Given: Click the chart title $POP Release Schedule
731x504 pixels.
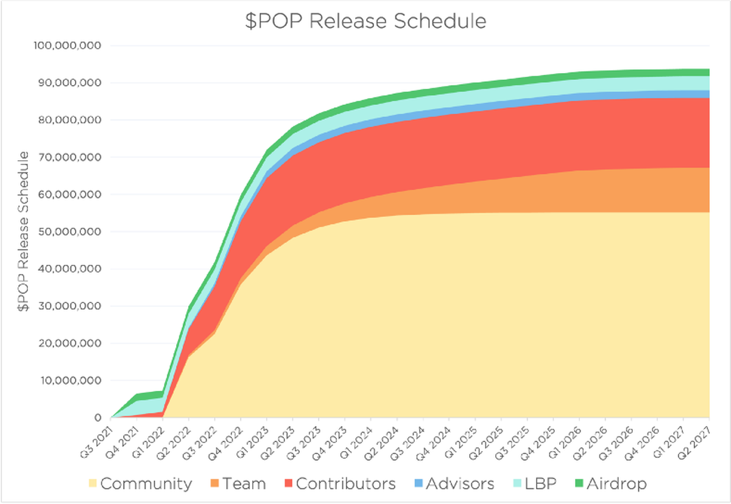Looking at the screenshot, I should coord(365,21).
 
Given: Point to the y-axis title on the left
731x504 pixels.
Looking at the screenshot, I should coord(23,232).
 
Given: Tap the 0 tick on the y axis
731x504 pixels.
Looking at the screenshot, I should coord(98,418).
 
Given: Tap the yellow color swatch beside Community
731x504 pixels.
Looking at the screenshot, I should coord(93,484).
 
